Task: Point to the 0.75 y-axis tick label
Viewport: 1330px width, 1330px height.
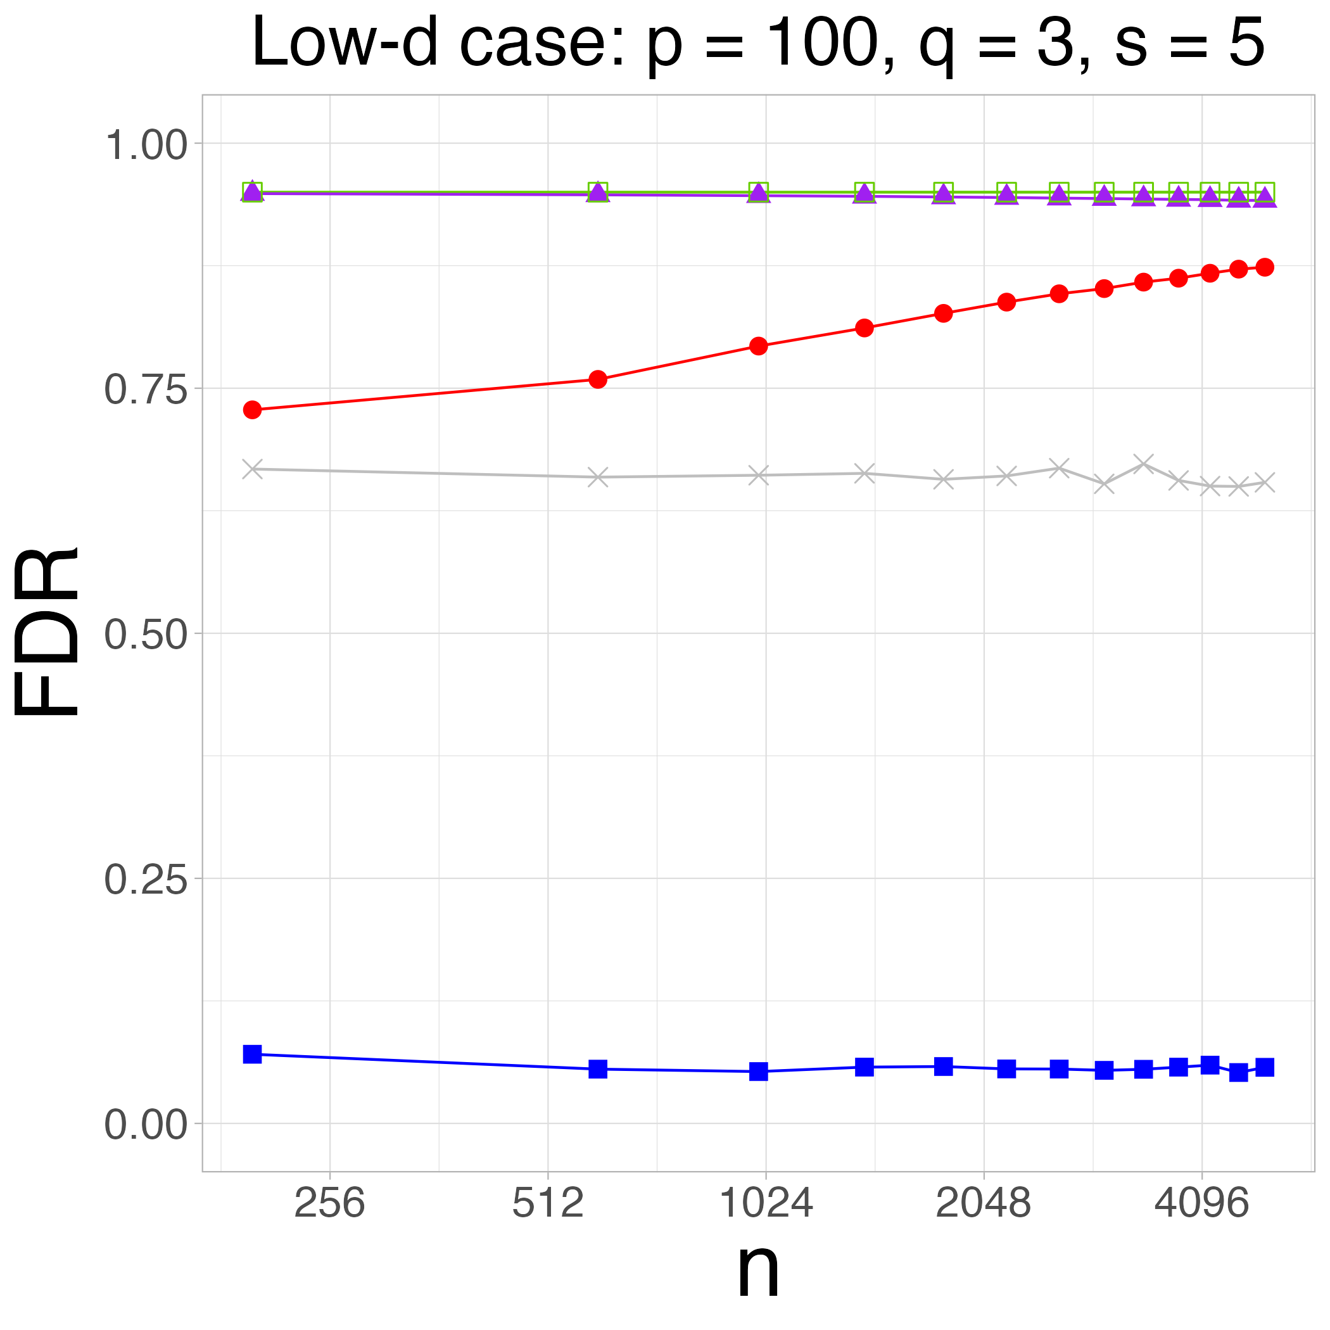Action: pyautogui.click(x=145, y=391)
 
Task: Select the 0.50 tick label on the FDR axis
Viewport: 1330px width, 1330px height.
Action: pyautogui.click(x=145, y=635)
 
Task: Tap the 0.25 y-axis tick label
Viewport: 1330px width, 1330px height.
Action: pyautogui.click(x=145, y=880)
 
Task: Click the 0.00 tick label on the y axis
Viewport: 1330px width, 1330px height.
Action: pyautogui.click(x=145, y=1125)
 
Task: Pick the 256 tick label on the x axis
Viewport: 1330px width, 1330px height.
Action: pyautogui.click(x=329, y=1204)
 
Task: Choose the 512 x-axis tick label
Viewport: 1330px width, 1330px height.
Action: pyautogui.click(x=547, y=1204)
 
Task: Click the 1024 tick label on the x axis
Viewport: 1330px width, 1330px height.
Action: pyautogui.click(x=766, y=1204)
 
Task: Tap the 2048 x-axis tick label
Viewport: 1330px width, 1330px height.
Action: pyautogui.click(x=983, y=1204)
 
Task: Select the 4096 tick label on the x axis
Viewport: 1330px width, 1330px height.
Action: pyautogui.click(x=1201, y=1204)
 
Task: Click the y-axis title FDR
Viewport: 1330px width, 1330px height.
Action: pyautogui.click(x=47, y=632)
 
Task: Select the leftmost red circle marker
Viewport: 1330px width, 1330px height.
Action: pyautogui.click(x=253, y=410)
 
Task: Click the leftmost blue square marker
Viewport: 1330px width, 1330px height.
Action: pyautogui.click(x=253, y=1054)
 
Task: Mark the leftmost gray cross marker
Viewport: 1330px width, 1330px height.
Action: pyautogui.click(x=253, y=469)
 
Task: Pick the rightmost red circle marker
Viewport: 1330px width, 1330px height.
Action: pyautogui.click(x=1265, y=267)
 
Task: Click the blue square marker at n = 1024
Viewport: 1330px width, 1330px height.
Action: pyautogui.click(x=759, y=1071)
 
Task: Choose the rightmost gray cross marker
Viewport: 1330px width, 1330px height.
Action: pyautogui.click(x=1265, y=483)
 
